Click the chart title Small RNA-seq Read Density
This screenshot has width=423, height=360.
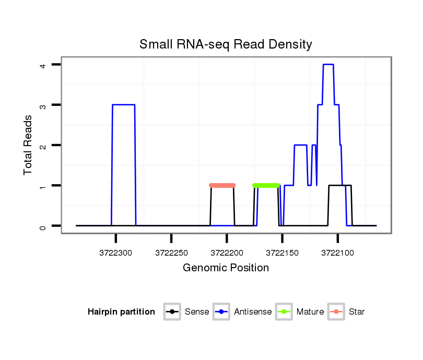point(226,44)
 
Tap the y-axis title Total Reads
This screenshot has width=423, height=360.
point(28,145)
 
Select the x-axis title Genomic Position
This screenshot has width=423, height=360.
point(226,268)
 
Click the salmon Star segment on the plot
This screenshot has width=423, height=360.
point(222,185)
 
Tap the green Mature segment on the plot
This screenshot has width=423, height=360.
point(266,185)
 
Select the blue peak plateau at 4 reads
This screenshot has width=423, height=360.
point(328,64)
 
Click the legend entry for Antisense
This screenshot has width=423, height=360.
point(243,312)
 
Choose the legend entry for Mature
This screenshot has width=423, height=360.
point(301,312)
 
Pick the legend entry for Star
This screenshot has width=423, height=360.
point(347,312)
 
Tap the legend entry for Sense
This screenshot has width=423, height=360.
point(187,312)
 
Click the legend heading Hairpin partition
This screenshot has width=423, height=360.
point(121,312)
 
